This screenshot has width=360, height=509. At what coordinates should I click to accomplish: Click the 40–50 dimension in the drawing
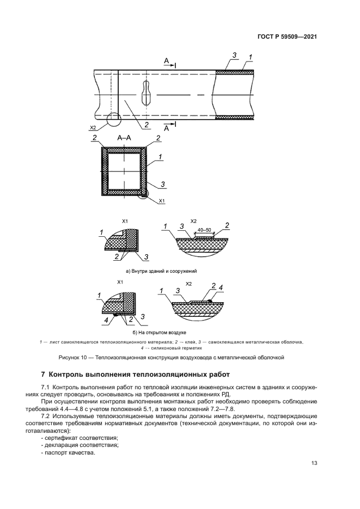point(204,230)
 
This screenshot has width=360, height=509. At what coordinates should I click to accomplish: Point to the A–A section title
point(124,138)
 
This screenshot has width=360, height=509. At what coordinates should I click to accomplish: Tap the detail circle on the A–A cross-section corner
point(144,194)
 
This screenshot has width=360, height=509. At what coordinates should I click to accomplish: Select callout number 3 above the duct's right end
point(234,56)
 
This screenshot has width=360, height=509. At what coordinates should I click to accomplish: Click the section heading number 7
point(43,374)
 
